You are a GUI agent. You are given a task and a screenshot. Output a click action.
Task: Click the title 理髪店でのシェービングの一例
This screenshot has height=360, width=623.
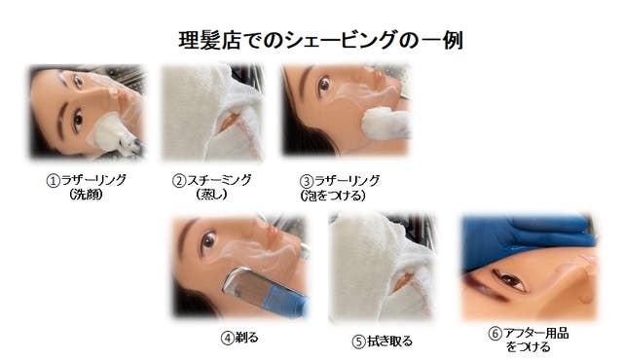point(321,40)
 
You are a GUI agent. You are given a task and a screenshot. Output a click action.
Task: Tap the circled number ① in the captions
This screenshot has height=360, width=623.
point(53,181)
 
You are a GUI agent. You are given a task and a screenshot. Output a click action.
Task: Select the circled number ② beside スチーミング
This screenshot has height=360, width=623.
point(179,181)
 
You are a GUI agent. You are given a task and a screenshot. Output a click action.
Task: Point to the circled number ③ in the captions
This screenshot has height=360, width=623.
point(307,181)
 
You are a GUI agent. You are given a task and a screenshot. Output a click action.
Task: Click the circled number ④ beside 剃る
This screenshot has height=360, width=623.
point(227,339)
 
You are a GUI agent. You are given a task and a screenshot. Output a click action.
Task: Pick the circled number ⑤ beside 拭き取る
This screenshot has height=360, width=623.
point(358,342)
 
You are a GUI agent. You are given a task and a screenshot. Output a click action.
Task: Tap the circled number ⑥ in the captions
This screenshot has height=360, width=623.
point(495,334)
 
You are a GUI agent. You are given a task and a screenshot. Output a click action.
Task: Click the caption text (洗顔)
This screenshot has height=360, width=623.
point(86,195)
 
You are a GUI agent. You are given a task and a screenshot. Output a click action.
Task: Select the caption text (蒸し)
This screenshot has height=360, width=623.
point(212,195)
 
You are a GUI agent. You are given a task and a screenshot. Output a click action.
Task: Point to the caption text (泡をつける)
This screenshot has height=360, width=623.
point(333,196)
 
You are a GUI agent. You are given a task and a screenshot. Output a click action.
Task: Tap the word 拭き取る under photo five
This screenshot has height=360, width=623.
point(389,342)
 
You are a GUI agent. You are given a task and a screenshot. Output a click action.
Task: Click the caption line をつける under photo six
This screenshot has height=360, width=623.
point(528,347)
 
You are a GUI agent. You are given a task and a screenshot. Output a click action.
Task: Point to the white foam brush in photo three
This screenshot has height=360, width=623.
point(385,123)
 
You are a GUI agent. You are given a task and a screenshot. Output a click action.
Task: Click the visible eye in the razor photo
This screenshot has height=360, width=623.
point(208,241)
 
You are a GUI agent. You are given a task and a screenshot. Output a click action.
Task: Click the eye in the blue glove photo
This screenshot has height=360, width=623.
point(509,280)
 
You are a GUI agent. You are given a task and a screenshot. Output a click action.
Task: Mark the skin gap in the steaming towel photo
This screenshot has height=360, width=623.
point(230,121)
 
